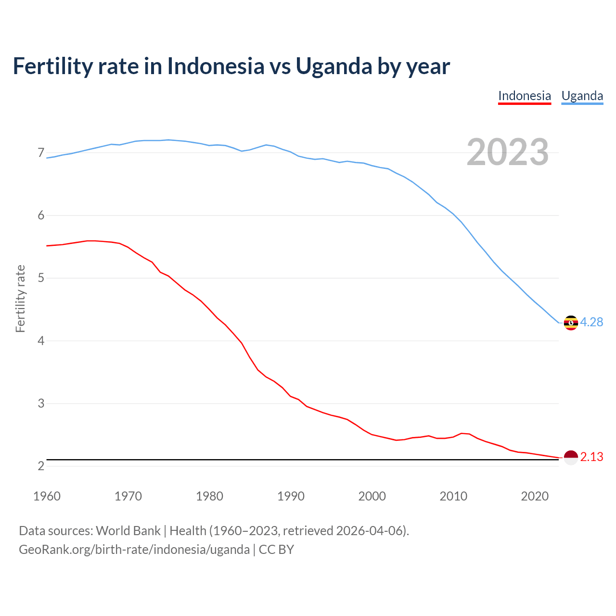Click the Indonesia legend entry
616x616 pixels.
click(x=524, y=96)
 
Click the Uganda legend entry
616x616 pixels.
click(x=582, y=96)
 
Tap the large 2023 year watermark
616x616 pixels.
click(x=507, y=153)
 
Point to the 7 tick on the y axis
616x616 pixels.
click(x=41, y=153)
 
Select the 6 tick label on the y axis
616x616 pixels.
click(x=41, y=216)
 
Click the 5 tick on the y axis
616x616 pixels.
click(x=41, y=278)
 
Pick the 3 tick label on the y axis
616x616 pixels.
click(x=41, y=403)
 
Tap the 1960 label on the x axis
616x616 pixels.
click(x=47, y=496)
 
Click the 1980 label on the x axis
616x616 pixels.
click(x=209, y=496)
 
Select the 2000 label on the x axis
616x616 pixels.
click(x=372, y=496)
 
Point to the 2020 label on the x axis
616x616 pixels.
click(x=535, y=496)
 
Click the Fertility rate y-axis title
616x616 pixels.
click(x=20, y=298)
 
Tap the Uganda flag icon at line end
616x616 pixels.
click(x=571, y=323)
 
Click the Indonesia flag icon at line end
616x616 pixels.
click(x=571, y=457)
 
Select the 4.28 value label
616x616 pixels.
click(x=591, y=322)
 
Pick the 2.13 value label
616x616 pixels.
click(x=591, y=457)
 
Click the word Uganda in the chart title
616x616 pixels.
click(x=334, y=66)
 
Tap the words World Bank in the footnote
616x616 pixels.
click(x=128, y=531)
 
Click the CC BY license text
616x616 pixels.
click(x=276, y=550)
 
